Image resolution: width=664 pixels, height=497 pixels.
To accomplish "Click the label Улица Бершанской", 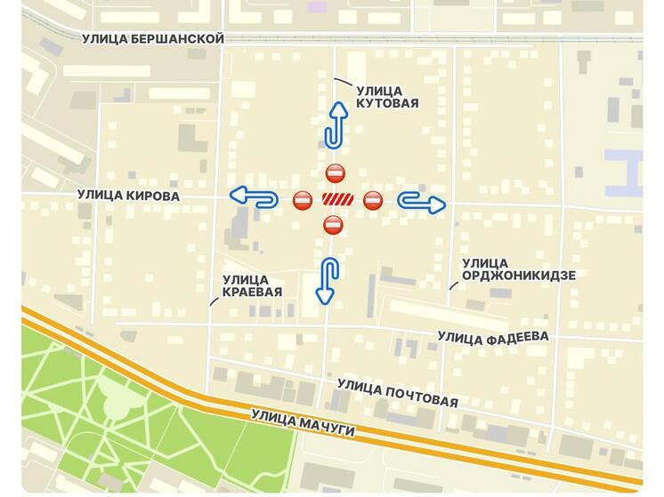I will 152,38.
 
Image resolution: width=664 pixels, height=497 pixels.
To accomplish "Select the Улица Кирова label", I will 128,196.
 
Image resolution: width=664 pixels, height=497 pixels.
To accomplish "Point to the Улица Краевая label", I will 252,285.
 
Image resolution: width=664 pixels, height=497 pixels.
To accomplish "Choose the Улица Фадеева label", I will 492,337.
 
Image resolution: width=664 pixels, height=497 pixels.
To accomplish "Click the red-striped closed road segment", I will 337,199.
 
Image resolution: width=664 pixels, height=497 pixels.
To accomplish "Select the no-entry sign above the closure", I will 334,172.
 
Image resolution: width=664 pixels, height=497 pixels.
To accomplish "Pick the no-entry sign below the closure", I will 332,224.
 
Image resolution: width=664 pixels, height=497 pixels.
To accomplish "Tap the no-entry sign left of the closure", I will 303,200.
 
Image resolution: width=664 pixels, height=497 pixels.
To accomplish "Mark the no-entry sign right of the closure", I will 373,200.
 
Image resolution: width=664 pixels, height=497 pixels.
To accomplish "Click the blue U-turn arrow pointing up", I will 335,124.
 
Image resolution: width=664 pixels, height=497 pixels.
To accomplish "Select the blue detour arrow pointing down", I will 328,280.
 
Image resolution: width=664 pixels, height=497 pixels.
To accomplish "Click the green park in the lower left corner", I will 116,418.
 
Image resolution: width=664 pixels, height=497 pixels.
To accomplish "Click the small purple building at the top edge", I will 317,6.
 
